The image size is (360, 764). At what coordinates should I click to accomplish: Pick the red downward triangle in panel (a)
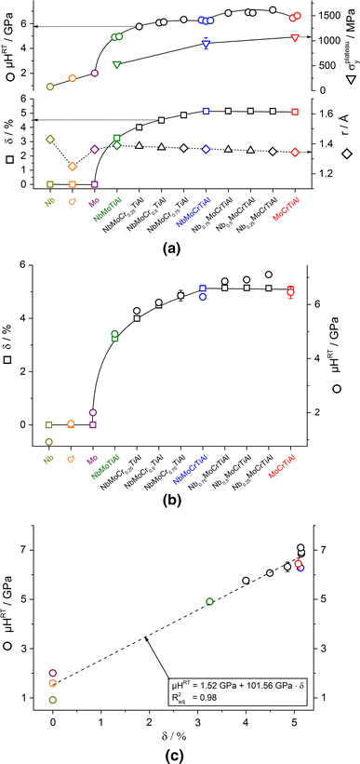coord(295,37)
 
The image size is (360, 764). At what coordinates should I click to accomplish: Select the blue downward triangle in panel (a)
coord(206,44)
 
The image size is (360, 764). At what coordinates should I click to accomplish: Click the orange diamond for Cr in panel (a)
coord(73,167)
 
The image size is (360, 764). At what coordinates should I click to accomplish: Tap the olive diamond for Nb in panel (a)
coord(50,140)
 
